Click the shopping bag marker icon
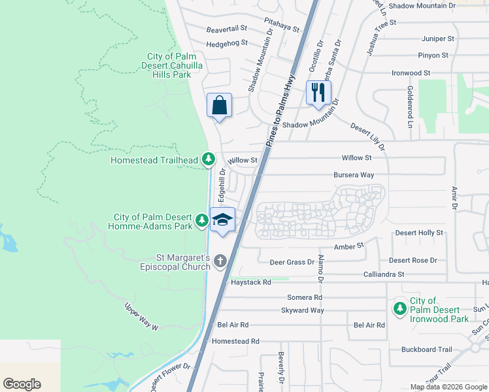click(220, 105)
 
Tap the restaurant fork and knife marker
click(318, 91)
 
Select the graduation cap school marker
click(222, 219)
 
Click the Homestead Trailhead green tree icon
click(208, 159)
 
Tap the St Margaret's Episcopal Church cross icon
click(220, 261)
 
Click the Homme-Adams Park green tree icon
click(203, 221)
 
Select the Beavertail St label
click(227, 29)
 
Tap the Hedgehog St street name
click(227, 43)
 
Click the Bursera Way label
click(353, 175)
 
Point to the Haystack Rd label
click(250, 282)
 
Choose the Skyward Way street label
click(303, 310)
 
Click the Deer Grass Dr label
click(292, 262)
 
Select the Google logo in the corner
click(22, 384)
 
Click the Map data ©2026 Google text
click(448, 387)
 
